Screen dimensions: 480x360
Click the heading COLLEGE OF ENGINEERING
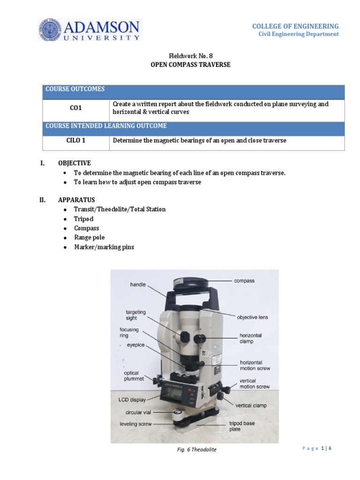coord(295,26)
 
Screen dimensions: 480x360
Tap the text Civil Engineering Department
coord(299,34)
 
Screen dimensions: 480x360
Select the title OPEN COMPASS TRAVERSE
coord(190,65)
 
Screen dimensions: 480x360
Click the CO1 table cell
coord(76,108)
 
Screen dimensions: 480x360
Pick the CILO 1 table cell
coord(76,141)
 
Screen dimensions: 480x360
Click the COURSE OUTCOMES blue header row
coord(194,90)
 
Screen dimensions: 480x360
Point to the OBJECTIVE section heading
coord(74,163)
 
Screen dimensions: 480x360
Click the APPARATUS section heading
coord(76,200)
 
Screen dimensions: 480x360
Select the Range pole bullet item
coord(89,238)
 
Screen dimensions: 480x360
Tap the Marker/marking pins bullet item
coord(104,247)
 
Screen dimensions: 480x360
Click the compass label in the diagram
coord(244,281)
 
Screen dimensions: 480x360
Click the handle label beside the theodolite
coord(138,285)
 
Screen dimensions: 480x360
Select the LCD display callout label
coord(132,400)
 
